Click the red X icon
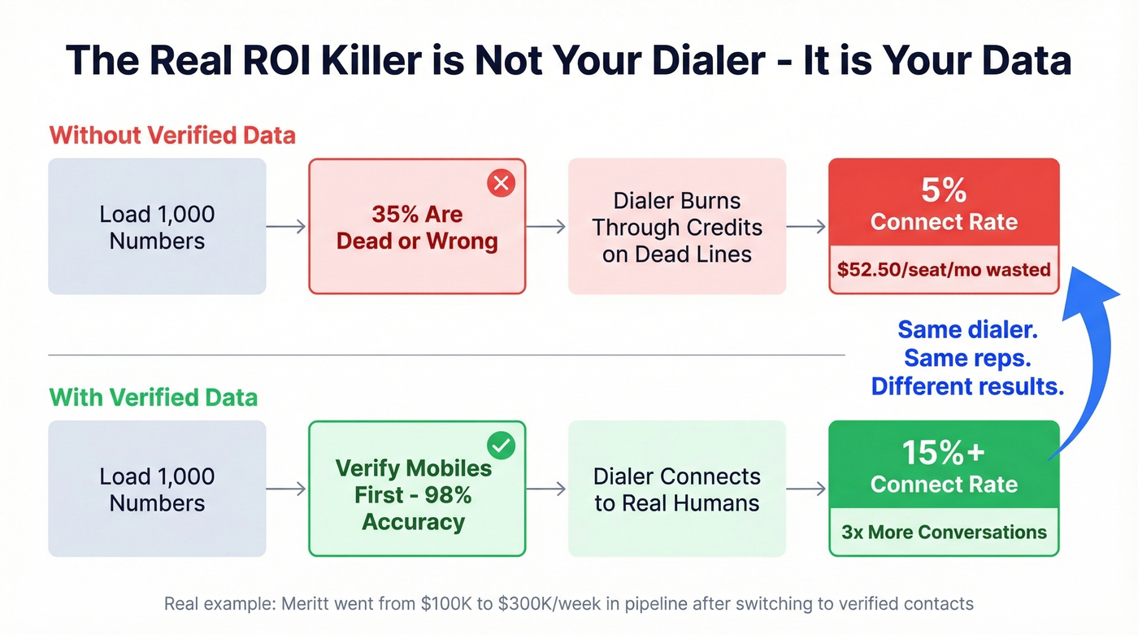point(502,184)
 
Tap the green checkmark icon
point(502,446)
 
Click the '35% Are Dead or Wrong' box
point(417,227)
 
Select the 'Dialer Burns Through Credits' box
point(677,227)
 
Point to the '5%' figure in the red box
point(944,191)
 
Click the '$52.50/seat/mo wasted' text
point(944,269)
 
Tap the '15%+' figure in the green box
point(944,453)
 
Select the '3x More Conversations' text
point(944,533)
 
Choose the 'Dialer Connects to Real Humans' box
point(677,489)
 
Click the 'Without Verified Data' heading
point(172,134)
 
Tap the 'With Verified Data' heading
point(154,398)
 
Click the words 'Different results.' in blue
point(967,386)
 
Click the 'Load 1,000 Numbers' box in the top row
point(157,227)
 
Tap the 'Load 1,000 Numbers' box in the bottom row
point(157,489)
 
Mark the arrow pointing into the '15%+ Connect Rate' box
point(807,489)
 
